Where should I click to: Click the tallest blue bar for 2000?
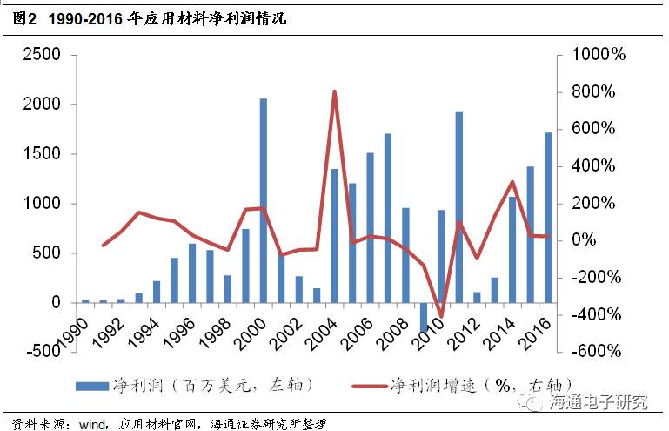264,200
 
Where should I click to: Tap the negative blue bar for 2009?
424,318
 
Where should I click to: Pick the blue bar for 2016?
547,218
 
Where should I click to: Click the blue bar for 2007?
388,218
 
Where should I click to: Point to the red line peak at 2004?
335,91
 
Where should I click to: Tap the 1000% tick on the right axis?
599,55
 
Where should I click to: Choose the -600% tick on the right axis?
597,352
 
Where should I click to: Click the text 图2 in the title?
24,17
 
